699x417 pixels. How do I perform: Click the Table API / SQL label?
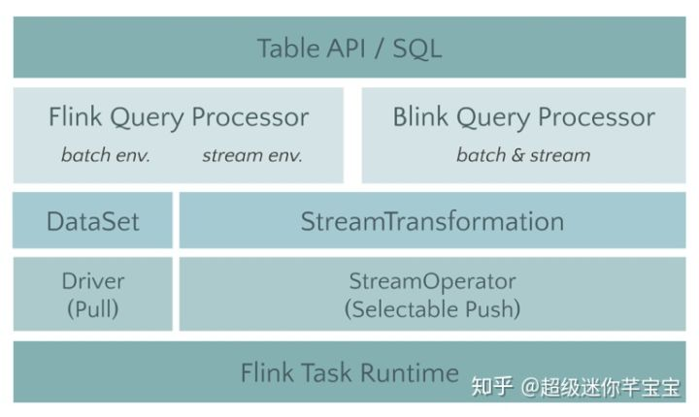(x=349, y=48)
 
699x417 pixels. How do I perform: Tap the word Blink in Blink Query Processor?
(x=419, y=117)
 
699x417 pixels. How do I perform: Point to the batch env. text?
(x=106, y=155)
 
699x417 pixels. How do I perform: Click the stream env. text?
(x=252, y=155)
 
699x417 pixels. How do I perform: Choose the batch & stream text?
(x=523, y=155)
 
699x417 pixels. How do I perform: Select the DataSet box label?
(x=93, y=221)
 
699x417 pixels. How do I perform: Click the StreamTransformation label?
(x=432, y=221)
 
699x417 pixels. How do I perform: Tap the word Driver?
(x=93, y=282)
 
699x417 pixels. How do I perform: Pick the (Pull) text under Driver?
(x=93, y=309)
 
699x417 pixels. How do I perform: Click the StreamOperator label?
(x=432, y=282)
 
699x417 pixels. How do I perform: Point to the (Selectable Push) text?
(x=432, y=309)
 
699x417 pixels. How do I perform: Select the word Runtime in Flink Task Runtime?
(x=409, y=372)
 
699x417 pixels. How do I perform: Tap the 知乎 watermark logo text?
(x=491, y=387)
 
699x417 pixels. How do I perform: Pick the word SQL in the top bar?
(x=417, y=48)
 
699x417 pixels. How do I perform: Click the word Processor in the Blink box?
(x=596, y=117)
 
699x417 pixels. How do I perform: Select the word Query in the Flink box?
(x=146, y=117)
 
